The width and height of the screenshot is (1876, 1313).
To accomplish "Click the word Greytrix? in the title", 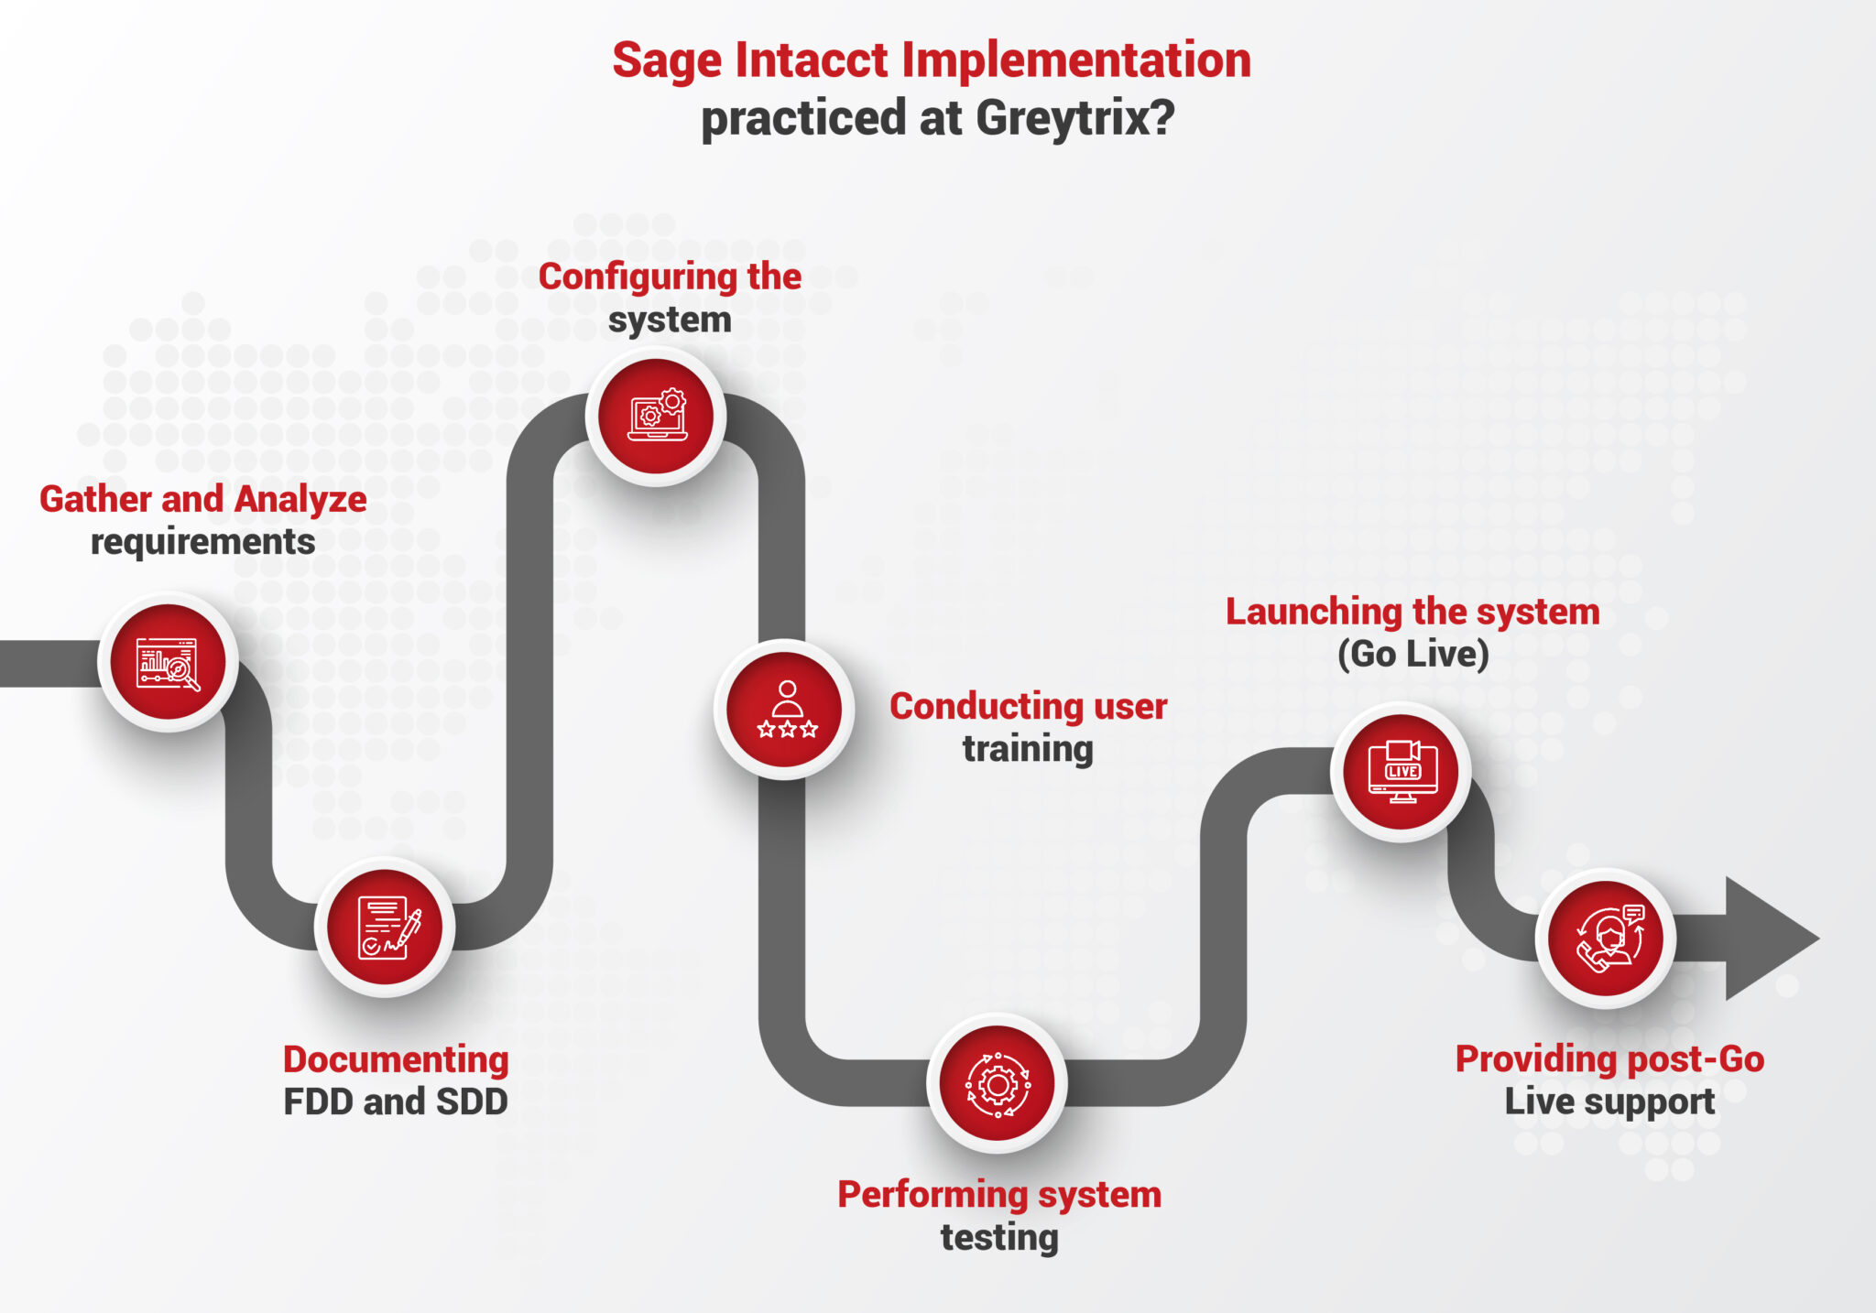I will (x=1074, y=118).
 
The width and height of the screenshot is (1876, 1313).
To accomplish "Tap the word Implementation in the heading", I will (x=1076, y=60).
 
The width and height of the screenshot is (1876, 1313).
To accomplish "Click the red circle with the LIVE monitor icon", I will (x=1401, y=772).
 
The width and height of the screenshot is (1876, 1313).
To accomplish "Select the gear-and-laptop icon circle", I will (x=656, y=417).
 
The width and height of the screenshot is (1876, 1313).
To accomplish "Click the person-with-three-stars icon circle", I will (x=784, y=710).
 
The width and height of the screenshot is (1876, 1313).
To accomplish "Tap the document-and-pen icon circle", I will (x=385, y=927).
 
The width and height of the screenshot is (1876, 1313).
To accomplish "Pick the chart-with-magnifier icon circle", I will (x=168, y=662).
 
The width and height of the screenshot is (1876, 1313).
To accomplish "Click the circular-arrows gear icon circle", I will (x=997, y=1083).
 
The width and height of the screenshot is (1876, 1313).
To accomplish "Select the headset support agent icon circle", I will (x=1606, y=939).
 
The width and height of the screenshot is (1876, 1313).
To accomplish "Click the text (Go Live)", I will (x=1412, y=654).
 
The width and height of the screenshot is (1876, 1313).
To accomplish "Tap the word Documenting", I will (x=396, y=1059).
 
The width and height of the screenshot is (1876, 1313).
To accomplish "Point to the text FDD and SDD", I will (x=396, y=1101).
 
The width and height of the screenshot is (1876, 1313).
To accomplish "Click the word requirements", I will (x=202, y=542).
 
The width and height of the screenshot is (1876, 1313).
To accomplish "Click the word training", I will (x=1028, y=749).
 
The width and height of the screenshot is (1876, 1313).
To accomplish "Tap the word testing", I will (x=999, y=1237).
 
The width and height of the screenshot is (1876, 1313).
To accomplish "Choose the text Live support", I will (x=1609, y=1101).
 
